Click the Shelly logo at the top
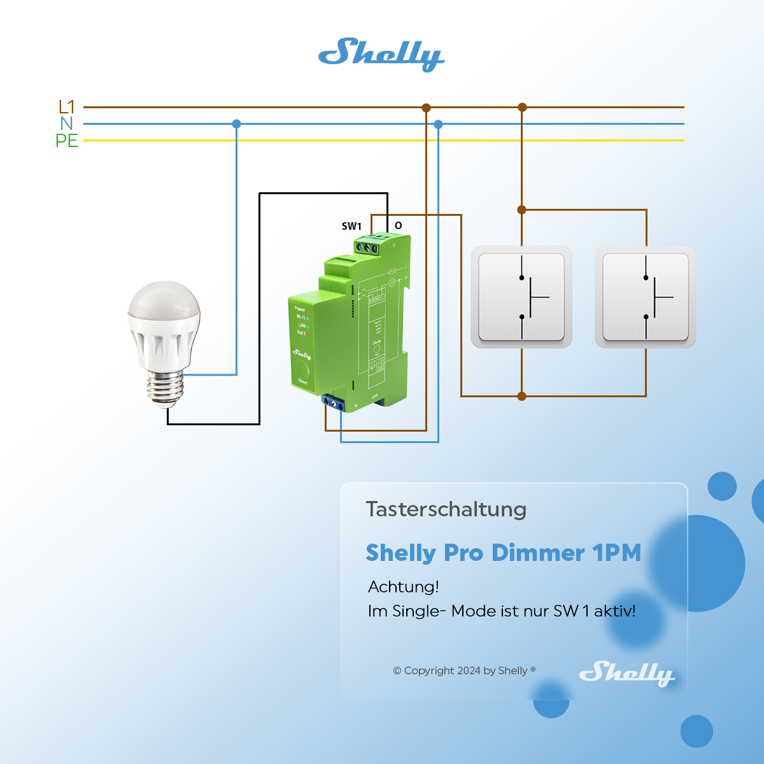tap(381, 54)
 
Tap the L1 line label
tap(67, 106)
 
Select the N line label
tap(67, 124)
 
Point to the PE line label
tap(67, 141)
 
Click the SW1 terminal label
tap(351, 226)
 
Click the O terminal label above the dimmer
tap(399, 225)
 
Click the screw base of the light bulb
tap(166, 387)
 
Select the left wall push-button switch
tap(521, 297)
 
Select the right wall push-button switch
tap(646, 297)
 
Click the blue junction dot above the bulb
tap(237, 124)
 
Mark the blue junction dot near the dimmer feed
tap(438, 124)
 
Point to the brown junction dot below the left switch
tap(522, 396)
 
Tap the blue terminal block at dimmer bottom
tap(334, 402)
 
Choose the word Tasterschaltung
tap(446, 509)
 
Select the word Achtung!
tap(404, 586)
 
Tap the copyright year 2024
tap(469, 670)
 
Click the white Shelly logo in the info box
tap(626, 673)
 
